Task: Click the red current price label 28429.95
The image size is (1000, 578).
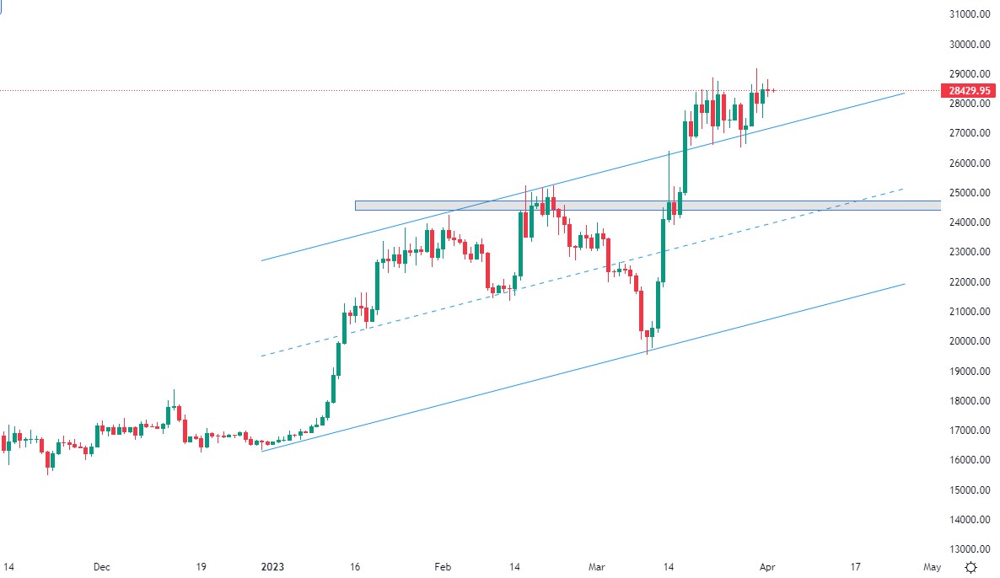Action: [969, 90]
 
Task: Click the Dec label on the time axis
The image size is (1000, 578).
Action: [102, 567]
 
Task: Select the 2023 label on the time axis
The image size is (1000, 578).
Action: [272, 567]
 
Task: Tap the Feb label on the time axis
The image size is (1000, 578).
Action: [444, 567]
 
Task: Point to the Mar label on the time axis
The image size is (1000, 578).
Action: [598, 567]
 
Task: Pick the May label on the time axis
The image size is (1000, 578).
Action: [931, 567]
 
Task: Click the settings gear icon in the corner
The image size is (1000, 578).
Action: [971, 567]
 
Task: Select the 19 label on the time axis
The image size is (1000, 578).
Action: [201, 567]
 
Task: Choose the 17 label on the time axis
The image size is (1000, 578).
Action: [855, 567]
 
